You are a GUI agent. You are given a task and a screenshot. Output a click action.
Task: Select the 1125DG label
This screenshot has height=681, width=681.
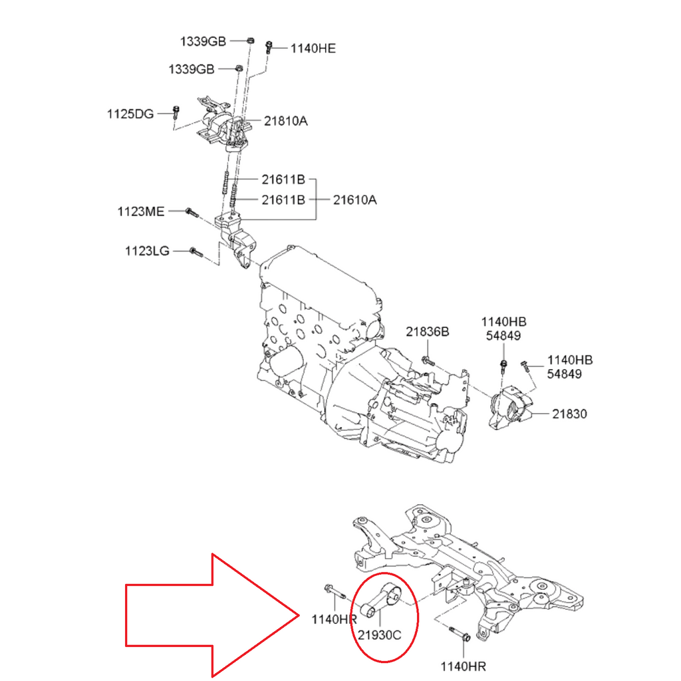point(130,114)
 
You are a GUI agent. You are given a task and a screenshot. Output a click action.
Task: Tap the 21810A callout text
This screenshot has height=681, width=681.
point(285,121)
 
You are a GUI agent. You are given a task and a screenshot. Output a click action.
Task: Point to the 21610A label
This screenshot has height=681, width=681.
point(354,199)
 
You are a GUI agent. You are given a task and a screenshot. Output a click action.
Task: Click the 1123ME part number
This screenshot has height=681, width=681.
point(140,211)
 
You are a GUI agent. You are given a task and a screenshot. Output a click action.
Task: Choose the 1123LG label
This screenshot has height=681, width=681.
point(147,251)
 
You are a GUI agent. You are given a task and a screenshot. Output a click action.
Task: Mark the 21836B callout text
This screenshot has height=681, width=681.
point(428,331)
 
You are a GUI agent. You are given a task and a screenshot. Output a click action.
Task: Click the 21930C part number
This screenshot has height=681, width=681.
point(378,634)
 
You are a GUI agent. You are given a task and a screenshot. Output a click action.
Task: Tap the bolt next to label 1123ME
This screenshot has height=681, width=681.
point(191,212)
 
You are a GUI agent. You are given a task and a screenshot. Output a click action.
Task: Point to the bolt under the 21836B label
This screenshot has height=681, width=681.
point(428,361)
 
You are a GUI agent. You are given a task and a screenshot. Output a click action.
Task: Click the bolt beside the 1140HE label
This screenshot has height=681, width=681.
point(268,47)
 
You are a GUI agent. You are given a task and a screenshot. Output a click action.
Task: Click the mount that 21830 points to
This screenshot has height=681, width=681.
point(511,409)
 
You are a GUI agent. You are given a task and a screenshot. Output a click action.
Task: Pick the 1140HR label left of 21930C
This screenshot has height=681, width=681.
point(335,619)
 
